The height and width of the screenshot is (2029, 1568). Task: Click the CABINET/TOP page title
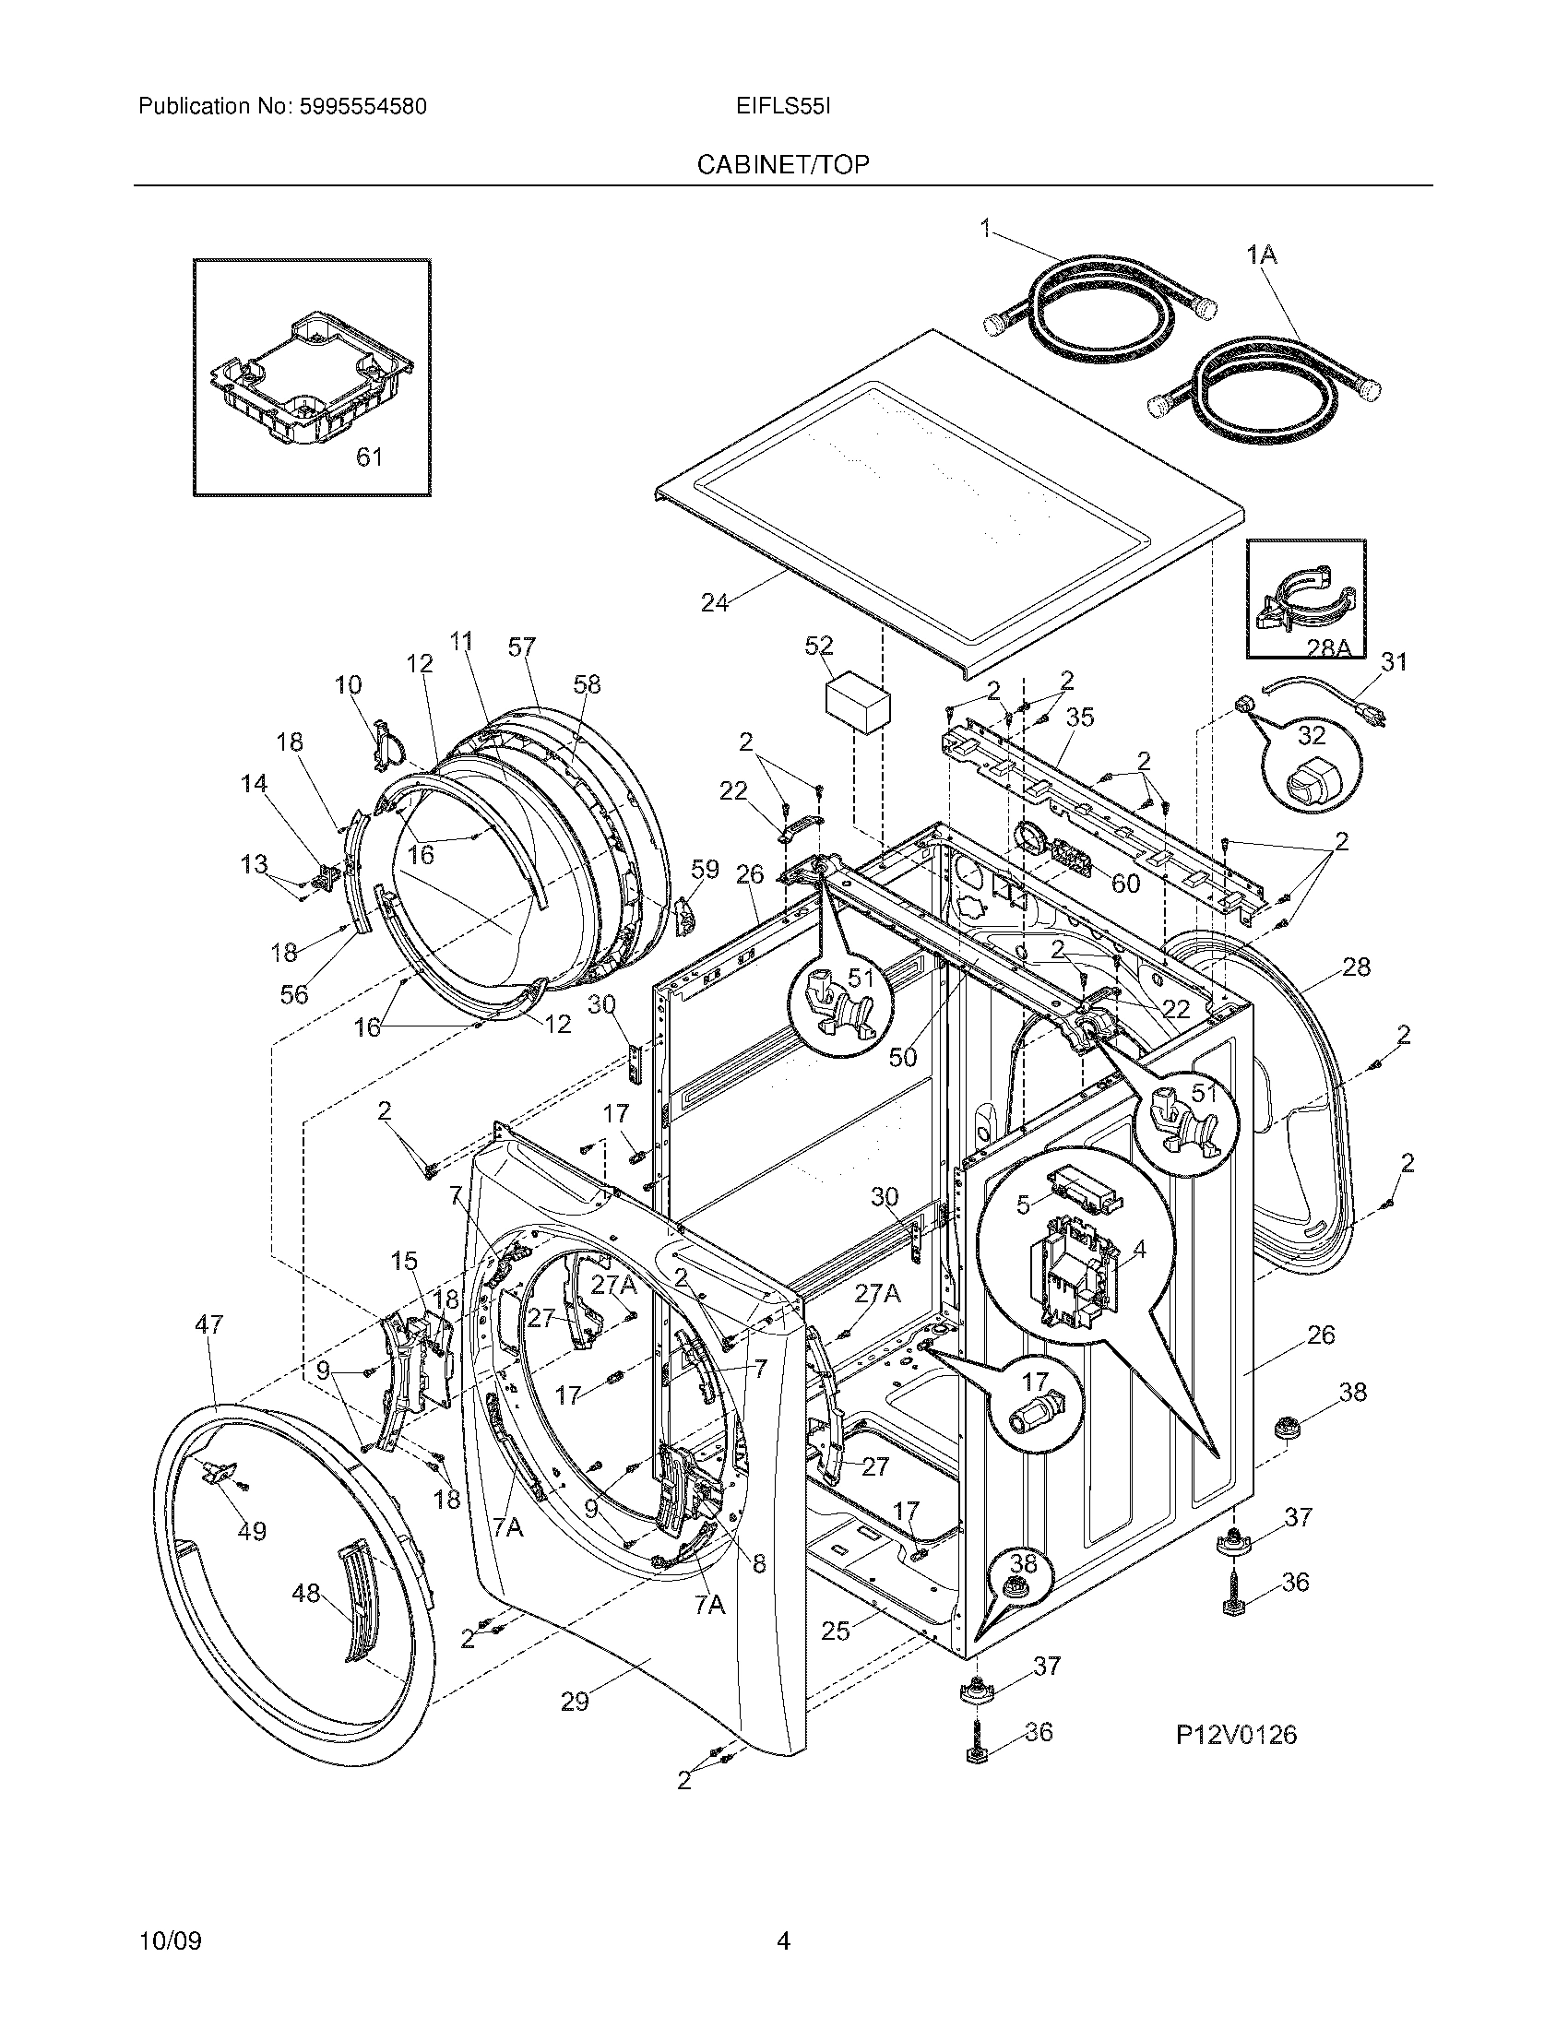(x=783, y=164)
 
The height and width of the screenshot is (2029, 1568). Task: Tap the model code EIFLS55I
(x=782, y=107)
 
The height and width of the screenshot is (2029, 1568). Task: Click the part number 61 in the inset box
(x=370, y=457)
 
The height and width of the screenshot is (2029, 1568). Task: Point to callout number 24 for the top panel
(x=714, y=602)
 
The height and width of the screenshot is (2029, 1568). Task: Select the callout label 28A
(x=1327, y=648)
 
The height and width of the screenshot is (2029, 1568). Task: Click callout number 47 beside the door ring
(x=210, y=1323)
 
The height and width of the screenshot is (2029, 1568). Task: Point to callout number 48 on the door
(x=305, y=1594)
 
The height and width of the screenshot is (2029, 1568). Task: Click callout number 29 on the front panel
(x=575, y=1701)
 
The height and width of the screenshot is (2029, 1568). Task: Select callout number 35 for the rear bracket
(x=1079, y=717)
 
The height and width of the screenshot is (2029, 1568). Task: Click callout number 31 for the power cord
(x=1394, y=661)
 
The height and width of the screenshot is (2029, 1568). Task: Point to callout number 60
(x=1125, y=883)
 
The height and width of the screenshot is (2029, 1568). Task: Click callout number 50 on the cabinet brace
(x=903, y=1056)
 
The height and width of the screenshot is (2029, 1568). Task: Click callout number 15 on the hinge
(x=404, y=1261)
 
